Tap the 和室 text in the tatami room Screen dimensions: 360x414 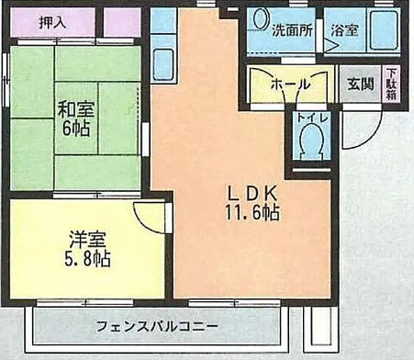79,107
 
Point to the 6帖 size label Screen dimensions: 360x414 79,128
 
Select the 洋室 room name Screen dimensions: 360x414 85,241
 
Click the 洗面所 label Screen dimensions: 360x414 291,29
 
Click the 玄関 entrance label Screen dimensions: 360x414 359,84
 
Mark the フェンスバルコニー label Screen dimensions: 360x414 156,327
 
